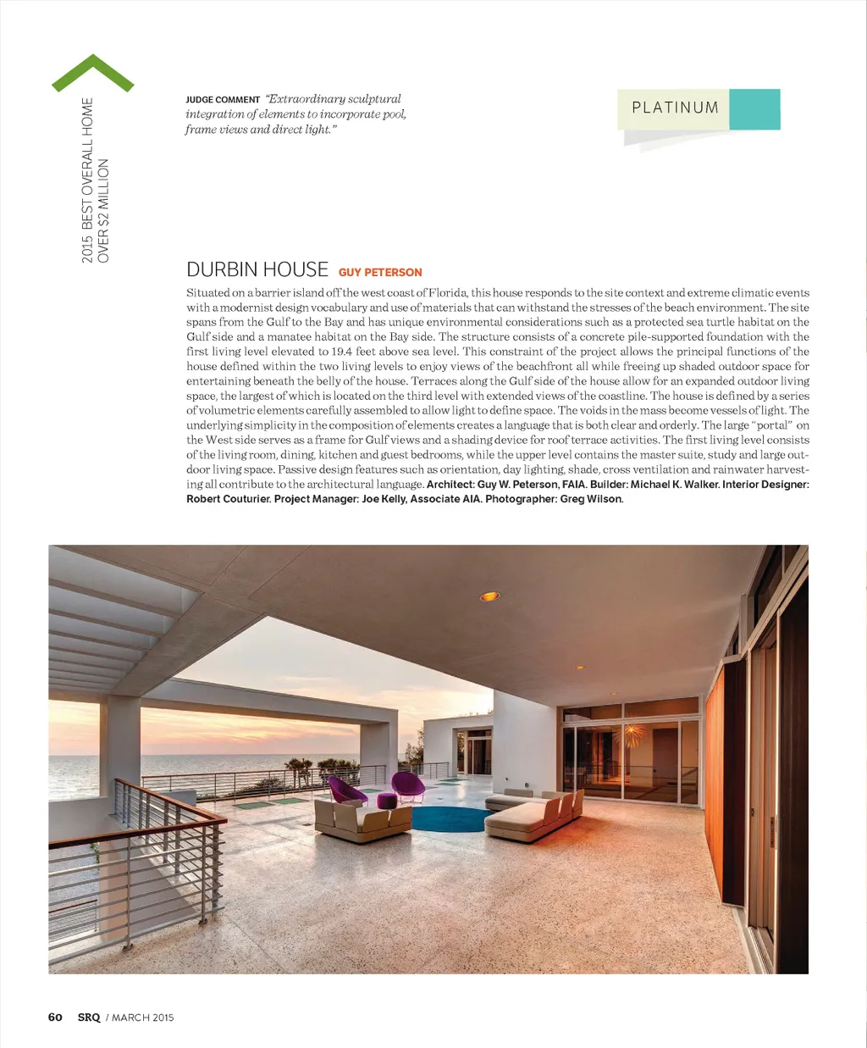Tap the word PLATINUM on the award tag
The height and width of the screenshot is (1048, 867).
click(x=675, y=108)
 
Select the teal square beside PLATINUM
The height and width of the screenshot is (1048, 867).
click(x=754, y=109)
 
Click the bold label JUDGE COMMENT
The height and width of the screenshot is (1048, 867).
click(x=223, y=100)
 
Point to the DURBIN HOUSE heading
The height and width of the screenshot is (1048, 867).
click(x=257, y=269)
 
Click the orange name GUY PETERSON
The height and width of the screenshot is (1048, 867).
click(x=380, y=273)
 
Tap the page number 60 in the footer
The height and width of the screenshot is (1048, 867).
click(x=55, y=1017)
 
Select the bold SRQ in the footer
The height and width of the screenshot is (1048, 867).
click(x=89, y=1017)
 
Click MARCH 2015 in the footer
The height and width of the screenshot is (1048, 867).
click(x=143, y=1017)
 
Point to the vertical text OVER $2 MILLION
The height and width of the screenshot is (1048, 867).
click(x=103, y=211)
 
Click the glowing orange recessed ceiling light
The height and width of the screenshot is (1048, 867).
click(x=489, y=596)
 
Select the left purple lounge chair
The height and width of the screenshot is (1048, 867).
click(x=347, y=790)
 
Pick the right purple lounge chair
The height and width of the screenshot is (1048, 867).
click(x=408, y=785)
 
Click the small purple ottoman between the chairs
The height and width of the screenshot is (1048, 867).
click(x=387, y=800)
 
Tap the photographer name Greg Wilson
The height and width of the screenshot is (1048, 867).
click(x=591, y=499)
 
